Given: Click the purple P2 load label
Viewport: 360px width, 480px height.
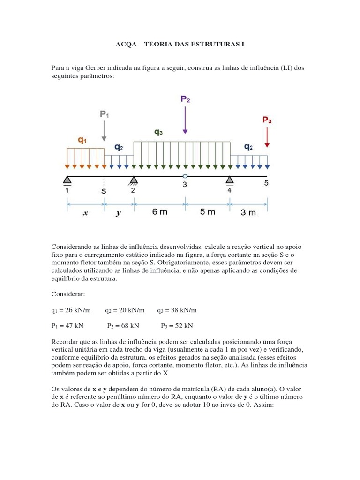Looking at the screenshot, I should (185, 99).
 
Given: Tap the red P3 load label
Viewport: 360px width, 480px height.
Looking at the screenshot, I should (267, 120).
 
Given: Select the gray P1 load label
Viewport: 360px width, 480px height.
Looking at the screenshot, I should (104, 114).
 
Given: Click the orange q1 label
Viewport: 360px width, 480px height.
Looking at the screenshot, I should (82, 140).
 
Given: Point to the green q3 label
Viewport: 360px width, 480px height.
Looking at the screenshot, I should (158, 133).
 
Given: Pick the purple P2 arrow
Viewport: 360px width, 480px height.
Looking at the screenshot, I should (185, 120).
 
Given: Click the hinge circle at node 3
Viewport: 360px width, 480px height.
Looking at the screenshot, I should (185, 176).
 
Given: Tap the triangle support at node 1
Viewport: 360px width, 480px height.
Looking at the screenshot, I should (67, 180).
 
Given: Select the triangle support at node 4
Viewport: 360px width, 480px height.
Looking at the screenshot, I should (230, 180).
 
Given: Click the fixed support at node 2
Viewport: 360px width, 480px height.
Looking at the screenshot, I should (134, 180).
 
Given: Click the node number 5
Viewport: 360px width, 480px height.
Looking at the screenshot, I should (266, 183).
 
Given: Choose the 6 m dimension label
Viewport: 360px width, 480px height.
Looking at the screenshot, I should (159, 212).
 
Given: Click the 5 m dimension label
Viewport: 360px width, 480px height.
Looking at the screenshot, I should (208, 212).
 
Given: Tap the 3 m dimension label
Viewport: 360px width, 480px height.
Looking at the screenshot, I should (248, 212).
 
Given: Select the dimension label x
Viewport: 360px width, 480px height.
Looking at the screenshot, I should (85, 213).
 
